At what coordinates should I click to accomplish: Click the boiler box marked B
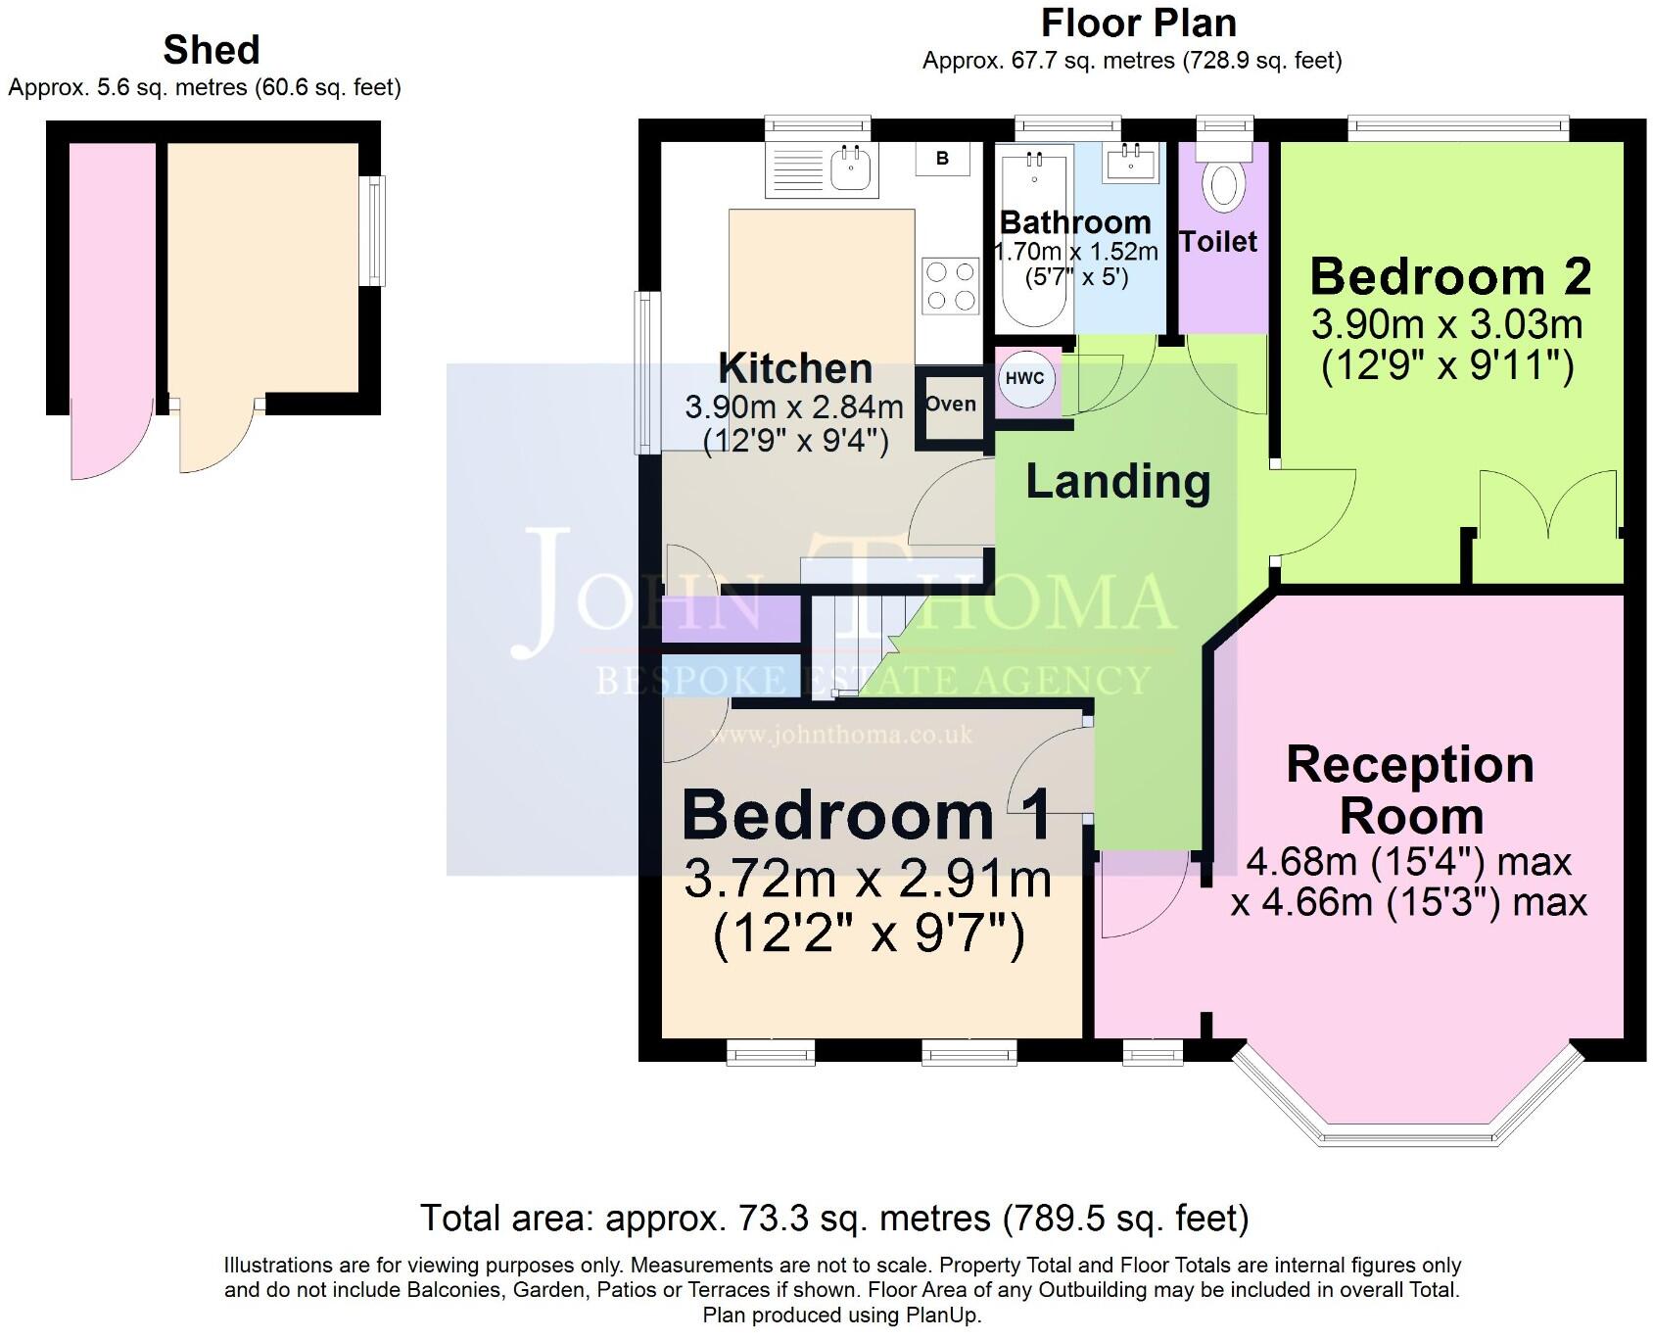coord(942,159)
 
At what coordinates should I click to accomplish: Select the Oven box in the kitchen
coord(950,405)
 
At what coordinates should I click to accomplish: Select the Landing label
coord(1117,482)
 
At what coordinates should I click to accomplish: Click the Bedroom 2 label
coord(1449,277)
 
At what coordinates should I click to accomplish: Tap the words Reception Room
coord(1410,790)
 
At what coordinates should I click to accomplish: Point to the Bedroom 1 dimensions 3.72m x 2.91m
coord(868,879)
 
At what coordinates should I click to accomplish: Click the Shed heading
coord(212,50)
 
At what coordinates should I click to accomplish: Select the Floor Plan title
coord(1138,24)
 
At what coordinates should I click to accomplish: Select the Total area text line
coord(834,1219)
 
